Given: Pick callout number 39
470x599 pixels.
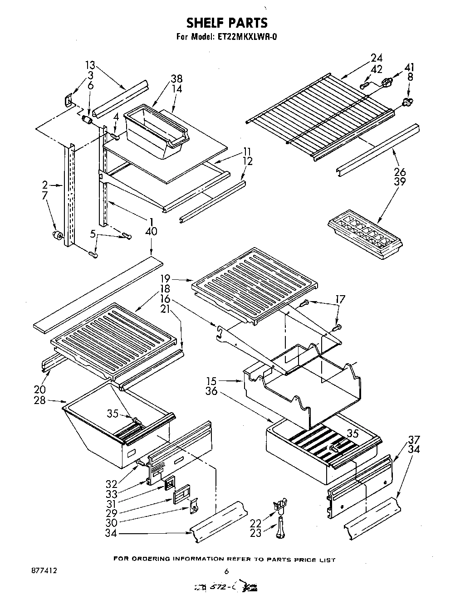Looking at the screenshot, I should tap(400, 182).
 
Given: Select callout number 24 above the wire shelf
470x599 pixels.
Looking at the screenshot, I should tap(376, 58).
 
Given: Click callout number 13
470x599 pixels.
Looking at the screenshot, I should tap(91, 65).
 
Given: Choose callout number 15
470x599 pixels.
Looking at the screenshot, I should tap(211, 381).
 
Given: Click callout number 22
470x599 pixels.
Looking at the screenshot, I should tap(256, 523).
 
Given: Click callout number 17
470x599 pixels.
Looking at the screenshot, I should tap(340, 299).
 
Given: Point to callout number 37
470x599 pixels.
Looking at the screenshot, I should tap(414, 439).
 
